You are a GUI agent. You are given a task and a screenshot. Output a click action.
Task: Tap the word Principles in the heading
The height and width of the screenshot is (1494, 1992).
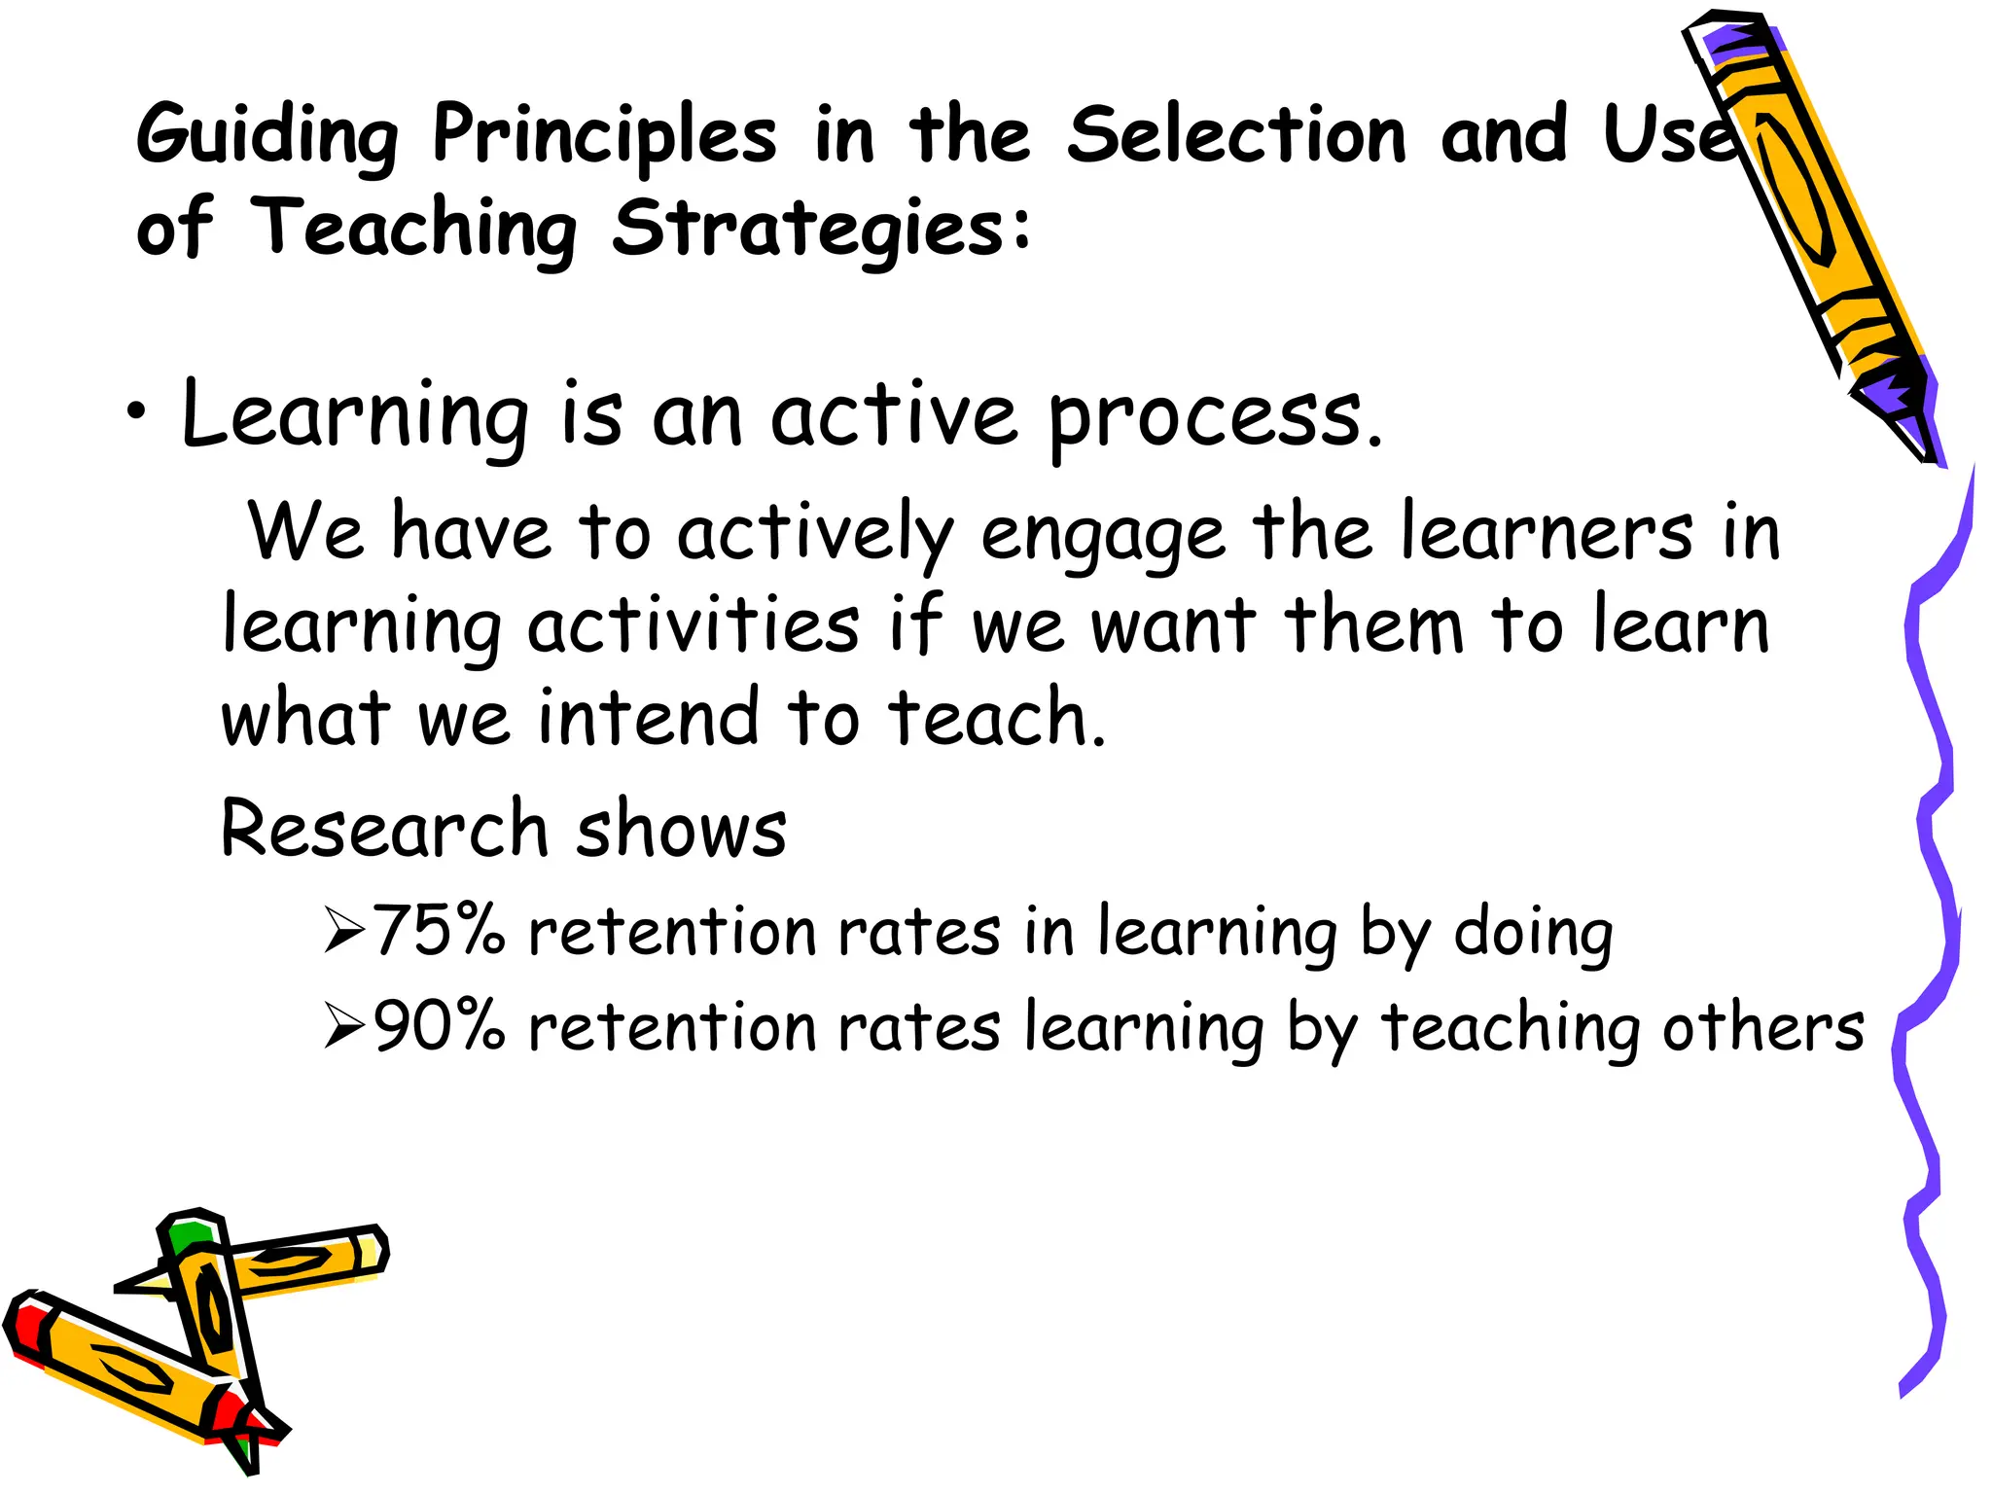tap(604, 135)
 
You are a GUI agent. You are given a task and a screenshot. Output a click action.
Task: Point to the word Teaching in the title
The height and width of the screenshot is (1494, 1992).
tap(414, 229)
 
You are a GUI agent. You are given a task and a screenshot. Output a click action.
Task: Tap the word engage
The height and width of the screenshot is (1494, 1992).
tap(1102, 536)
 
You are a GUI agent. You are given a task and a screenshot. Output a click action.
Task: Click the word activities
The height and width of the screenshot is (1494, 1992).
tap(694, 625)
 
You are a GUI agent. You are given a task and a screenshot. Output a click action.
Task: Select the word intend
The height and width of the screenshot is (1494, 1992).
tap(648, 717)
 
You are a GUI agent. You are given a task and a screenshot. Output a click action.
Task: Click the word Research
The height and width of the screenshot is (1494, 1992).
tap(385, 829)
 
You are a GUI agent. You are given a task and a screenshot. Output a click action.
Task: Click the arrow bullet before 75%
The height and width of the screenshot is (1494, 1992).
tap(344, 930)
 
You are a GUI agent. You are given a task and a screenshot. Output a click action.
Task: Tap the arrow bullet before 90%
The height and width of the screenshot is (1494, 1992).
tap(344, 1026)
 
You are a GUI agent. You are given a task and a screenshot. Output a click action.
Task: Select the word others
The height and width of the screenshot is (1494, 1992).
tap(1762, 1027)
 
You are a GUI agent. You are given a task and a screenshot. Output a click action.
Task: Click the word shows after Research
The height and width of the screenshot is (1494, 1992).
tap(681, 829)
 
